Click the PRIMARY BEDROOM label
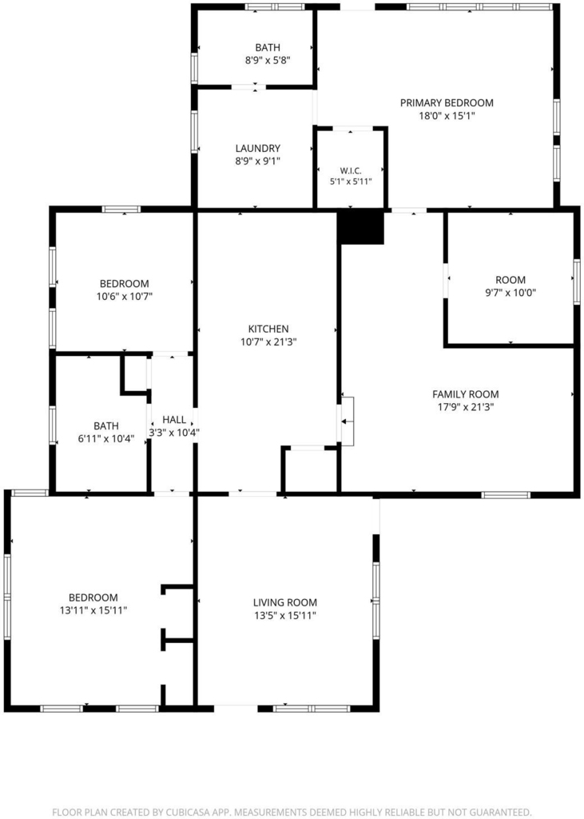point(447,103)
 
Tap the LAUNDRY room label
point(258,148)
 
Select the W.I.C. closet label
point(351,171)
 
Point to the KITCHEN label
point(268,329)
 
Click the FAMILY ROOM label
point(466,394)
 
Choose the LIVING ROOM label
point(285,603)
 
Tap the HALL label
point(174,419)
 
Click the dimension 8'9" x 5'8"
point(268,60)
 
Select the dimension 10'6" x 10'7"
point(124,297)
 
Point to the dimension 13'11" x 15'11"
point(93,610)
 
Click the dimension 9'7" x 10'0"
point(511,293)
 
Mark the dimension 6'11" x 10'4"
point(106,439)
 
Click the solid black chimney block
point(360,227)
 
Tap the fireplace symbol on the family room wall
point(348,421)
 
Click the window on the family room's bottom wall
point(506,494)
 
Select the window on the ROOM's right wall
point(577,282)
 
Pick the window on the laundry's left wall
point(194,131)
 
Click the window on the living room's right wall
point(375,600)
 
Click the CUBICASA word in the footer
point(190,813)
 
